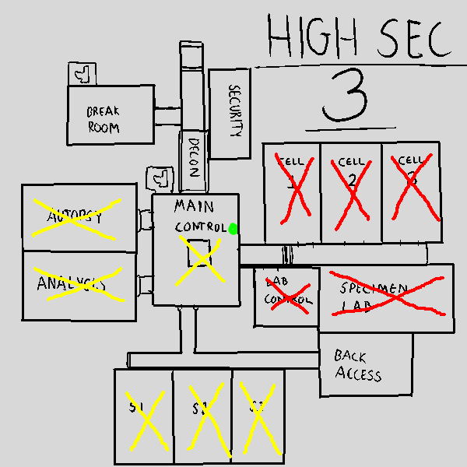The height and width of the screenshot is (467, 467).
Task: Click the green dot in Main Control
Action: tap(233, 228)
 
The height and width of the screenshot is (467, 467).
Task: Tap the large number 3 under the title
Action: tap(345, 97)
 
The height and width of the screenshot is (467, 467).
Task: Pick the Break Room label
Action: tap(104, 119)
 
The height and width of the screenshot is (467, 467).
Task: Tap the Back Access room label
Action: tap(358, 364)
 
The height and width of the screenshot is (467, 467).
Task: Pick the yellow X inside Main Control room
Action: tap(201, 259)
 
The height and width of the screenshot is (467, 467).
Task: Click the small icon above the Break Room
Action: tap(81, 74)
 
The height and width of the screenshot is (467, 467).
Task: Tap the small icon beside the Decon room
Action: tap(161, 178)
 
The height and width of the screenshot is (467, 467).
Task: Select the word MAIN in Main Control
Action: tap(194, 207)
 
